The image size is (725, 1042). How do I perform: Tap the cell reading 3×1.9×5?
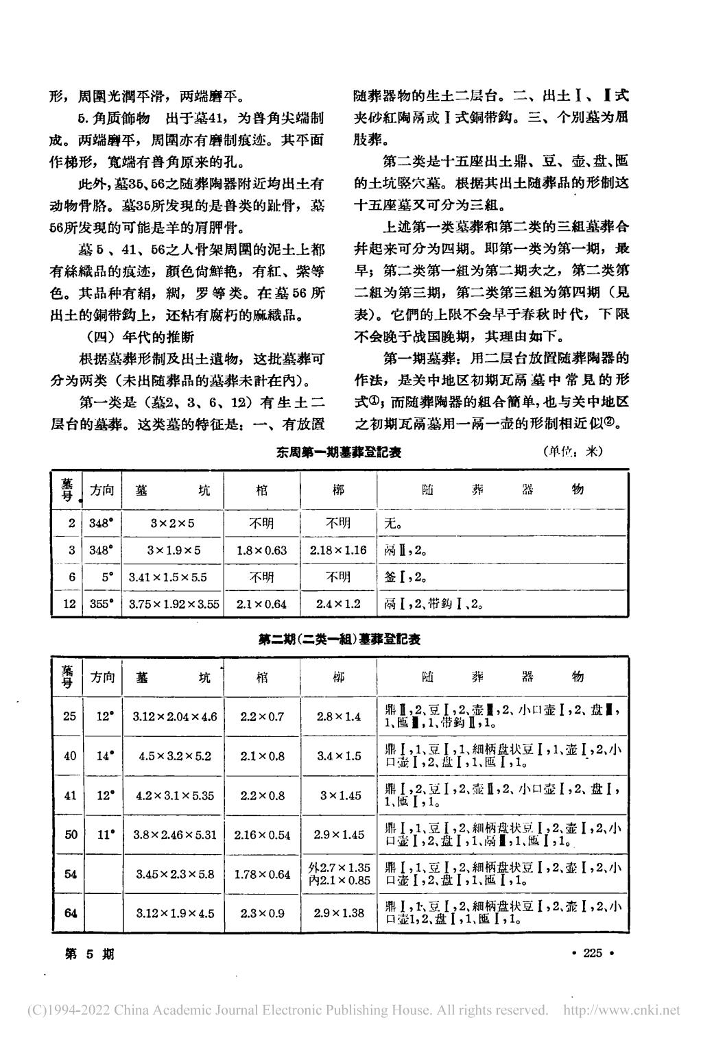pyautogui.click(x=174, y=550)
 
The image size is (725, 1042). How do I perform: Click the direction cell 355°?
pyautogui.click(x=102, y=604)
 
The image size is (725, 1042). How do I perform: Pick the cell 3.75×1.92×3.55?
pyautogui.click(x=174, y=604)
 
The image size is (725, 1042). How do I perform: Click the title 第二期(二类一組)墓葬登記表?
pyautogui.click(x=339, y=640)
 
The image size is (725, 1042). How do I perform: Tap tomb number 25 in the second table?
pyautogui.click(x=69, y=716)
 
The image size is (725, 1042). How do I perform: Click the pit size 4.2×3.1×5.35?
pyautogui.click(x=174, y=796)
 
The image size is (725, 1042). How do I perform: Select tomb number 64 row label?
pyautogui.click(x=69, y=912)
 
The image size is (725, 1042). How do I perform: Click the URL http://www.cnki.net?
pyautogui.click(x=621, y=1010)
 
